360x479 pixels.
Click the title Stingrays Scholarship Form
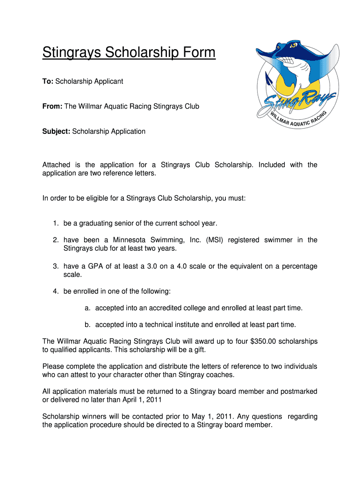[x=129, y=52]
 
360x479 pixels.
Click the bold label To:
[x=48, y=81]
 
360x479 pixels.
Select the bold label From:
[x=52, y=107]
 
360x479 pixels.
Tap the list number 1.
[x=55, y=223]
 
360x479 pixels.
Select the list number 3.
[x=55, y=267]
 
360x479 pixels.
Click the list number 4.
[x=55, y=292]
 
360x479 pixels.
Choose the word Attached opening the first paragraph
[x=57, y=165]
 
